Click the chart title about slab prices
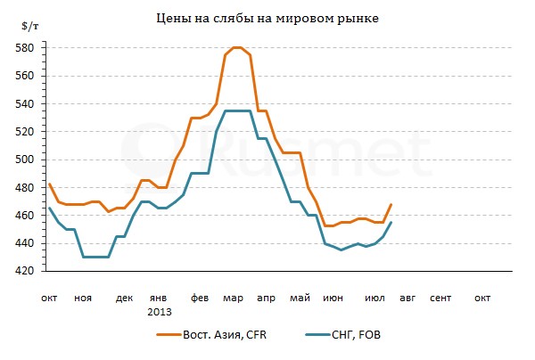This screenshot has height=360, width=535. tap(267, 18)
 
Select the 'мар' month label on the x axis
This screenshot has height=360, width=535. tap(233, 299)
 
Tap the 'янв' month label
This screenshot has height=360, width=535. tap(157, 299)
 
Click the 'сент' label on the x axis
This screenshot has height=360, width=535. tap(440, 299)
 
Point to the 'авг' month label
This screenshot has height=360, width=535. tap(407, 299)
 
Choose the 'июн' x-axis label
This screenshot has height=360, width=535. tap(333, 299)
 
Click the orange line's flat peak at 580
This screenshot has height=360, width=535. tap(236, 47)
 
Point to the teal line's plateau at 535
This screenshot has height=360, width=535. tap(236, 110)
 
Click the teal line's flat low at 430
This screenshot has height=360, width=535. tap(95, 257)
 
